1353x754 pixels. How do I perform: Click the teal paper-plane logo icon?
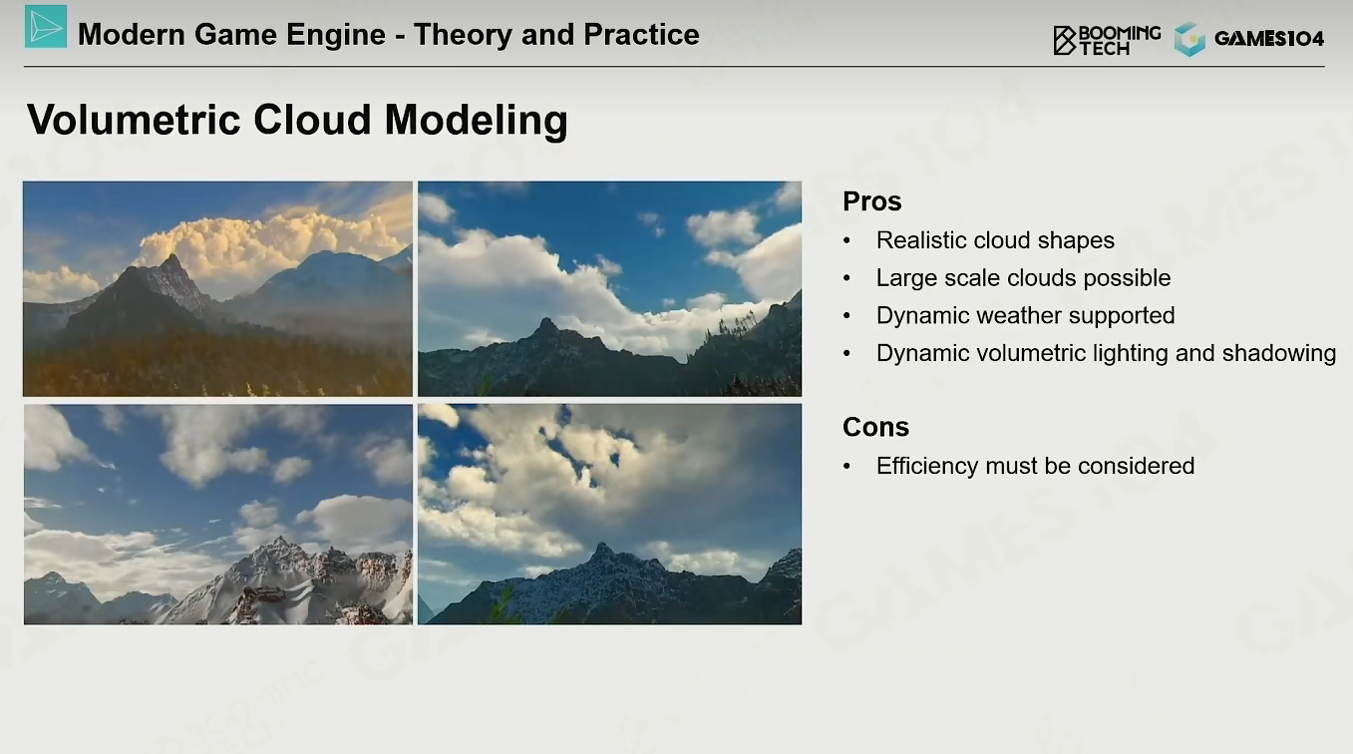46,27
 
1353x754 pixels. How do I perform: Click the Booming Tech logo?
1107,41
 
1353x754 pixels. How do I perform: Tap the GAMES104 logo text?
1269,39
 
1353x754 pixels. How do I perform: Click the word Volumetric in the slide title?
134,119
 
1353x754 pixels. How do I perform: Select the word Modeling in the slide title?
476,121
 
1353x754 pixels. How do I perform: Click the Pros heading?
871,201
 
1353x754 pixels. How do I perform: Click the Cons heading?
875,427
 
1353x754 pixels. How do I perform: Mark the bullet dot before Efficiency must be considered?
846,467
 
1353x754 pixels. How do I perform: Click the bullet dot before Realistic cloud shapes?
846,241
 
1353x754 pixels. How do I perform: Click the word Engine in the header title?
335,36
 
